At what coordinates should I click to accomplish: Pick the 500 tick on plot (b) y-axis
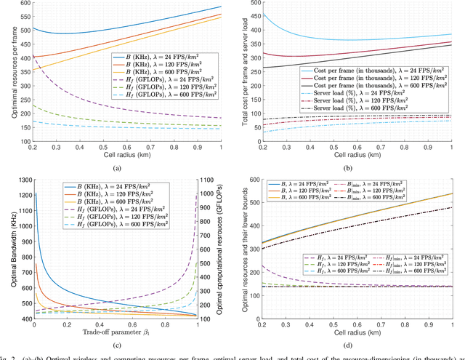[x=248, y=4]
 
